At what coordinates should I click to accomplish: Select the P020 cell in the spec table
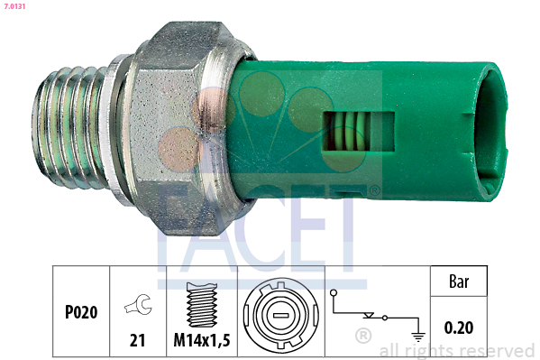pyautogui.click(x=81, y=312)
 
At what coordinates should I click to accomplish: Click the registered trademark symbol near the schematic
pyautogui.click(x=363, y=337)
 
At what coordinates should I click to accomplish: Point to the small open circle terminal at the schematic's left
pyautogui.click(x=334, y=294)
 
